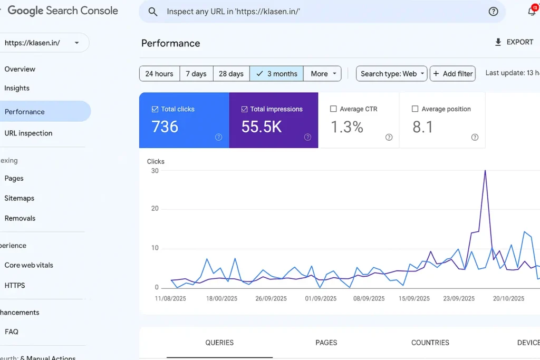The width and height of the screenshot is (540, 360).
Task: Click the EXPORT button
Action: tap(514, 42)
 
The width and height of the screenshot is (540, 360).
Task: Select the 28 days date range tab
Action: tap(231, 74)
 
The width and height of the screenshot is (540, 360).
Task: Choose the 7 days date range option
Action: tap(196, 74)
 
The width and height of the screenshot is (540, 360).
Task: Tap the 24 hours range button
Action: tap(159, 74)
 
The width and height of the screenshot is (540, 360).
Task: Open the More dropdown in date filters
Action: tap(323, 74)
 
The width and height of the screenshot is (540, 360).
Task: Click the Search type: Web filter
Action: tap(392, 74)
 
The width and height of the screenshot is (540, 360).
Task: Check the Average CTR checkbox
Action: tap(333, 109)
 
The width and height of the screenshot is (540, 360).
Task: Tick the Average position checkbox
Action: tap(415, 109)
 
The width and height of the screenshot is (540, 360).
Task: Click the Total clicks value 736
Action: tap(165, 127)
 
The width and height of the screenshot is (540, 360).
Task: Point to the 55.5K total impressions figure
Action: tap(262, 127)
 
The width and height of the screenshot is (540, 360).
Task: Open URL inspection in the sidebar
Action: tap(28, 133)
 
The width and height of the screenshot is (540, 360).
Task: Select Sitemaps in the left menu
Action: tap(20, 198)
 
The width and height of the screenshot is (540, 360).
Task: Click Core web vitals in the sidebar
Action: tap(29, 265)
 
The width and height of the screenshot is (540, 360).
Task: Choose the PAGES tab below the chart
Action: tap(326, 343)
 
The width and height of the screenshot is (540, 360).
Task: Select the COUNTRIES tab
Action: tap(430, 343)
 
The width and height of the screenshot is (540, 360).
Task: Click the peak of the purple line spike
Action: tap(485, 171)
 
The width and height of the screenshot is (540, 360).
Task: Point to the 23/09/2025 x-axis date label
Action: tap(459, 298)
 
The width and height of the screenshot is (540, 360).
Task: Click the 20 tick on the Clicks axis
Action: tap(155, 209)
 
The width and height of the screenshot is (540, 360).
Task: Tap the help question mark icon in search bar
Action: tap(493, 12)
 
